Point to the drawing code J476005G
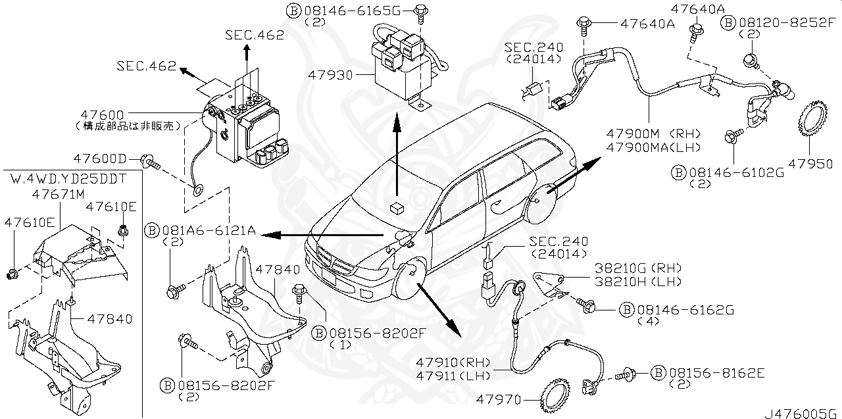(x=802, y=413)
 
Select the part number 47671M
(x=59, y=194)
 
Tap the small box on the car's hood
(x=396, y=207)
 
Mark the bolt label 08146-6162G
(x=677, y=309)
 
